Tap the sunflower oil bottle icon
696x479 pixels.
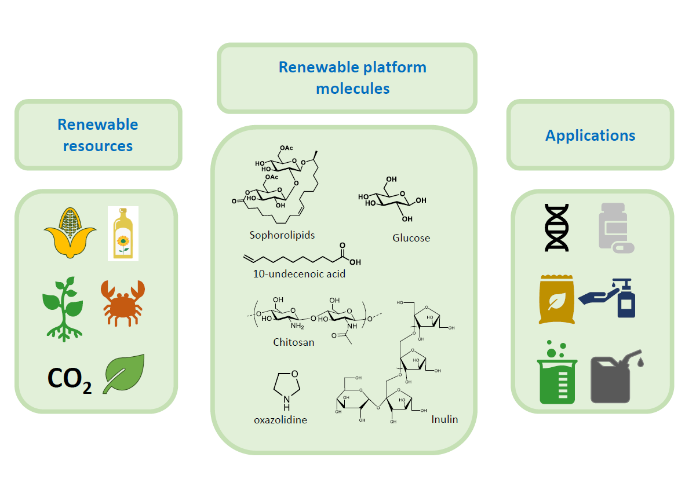pos(123,233)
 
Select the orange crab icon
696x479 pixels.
pos(122,302)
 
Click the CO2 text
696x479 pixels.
pos(69,379)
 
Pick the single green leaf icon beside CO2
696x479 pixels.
pos(123,374)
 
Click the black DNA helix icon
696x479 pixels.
pos(557,227)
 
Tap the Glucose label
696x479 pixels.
pos(411,237)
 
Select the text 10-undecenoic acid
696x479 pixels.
pos(299,273)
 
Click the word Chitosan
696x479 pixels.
pos(294,342)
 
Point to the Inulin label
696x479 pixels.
pos(444,419)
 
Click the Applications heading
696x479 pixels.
pos(590,136)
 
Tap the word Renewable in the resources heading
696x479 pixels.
pos(97,125)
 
